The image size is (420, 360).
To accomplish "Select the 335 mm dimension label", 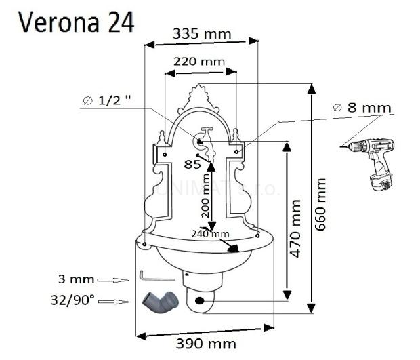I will pos(201,33).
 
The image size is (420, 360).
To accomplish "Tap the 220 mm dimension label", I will pos(199,61).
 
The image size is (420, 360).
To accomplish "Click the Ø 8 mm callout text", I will pos(362,108).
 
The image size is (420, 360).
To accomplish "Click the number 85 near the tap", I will pos(193,163).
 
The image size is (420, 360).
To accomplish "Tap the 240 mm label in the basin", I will pos(211,233).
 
